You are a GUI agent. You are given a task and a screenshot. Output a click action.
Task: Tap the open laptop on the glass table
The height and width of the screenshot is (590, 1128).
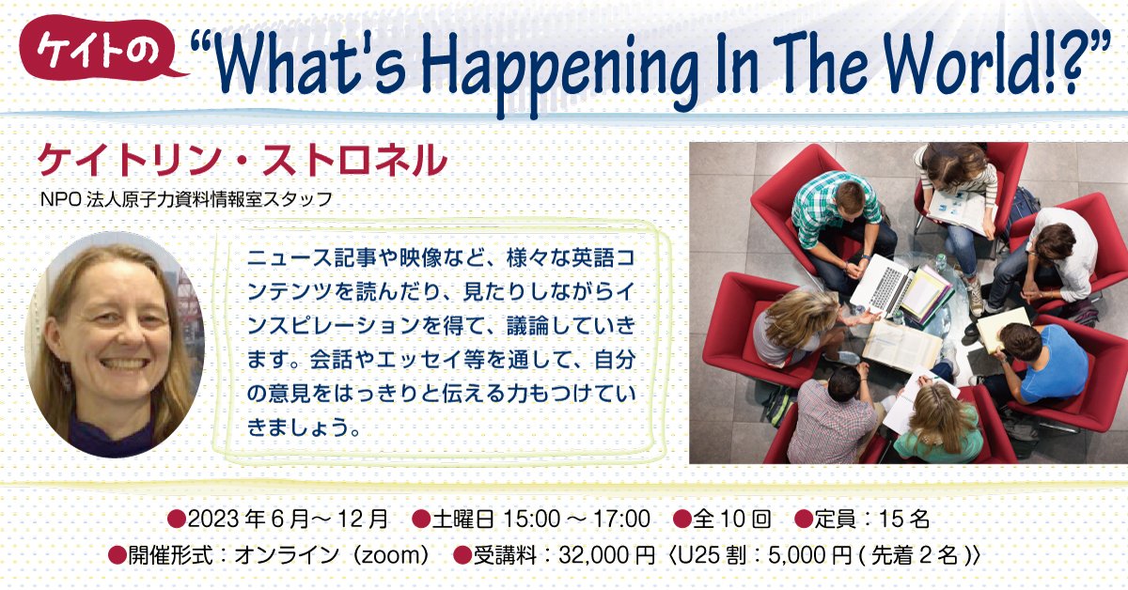(x=880, y=282)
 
